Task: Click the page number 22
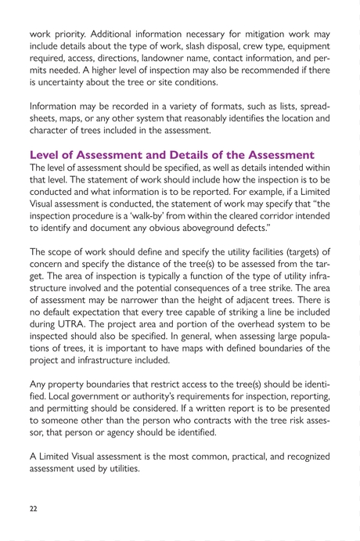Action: [33, 507]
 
